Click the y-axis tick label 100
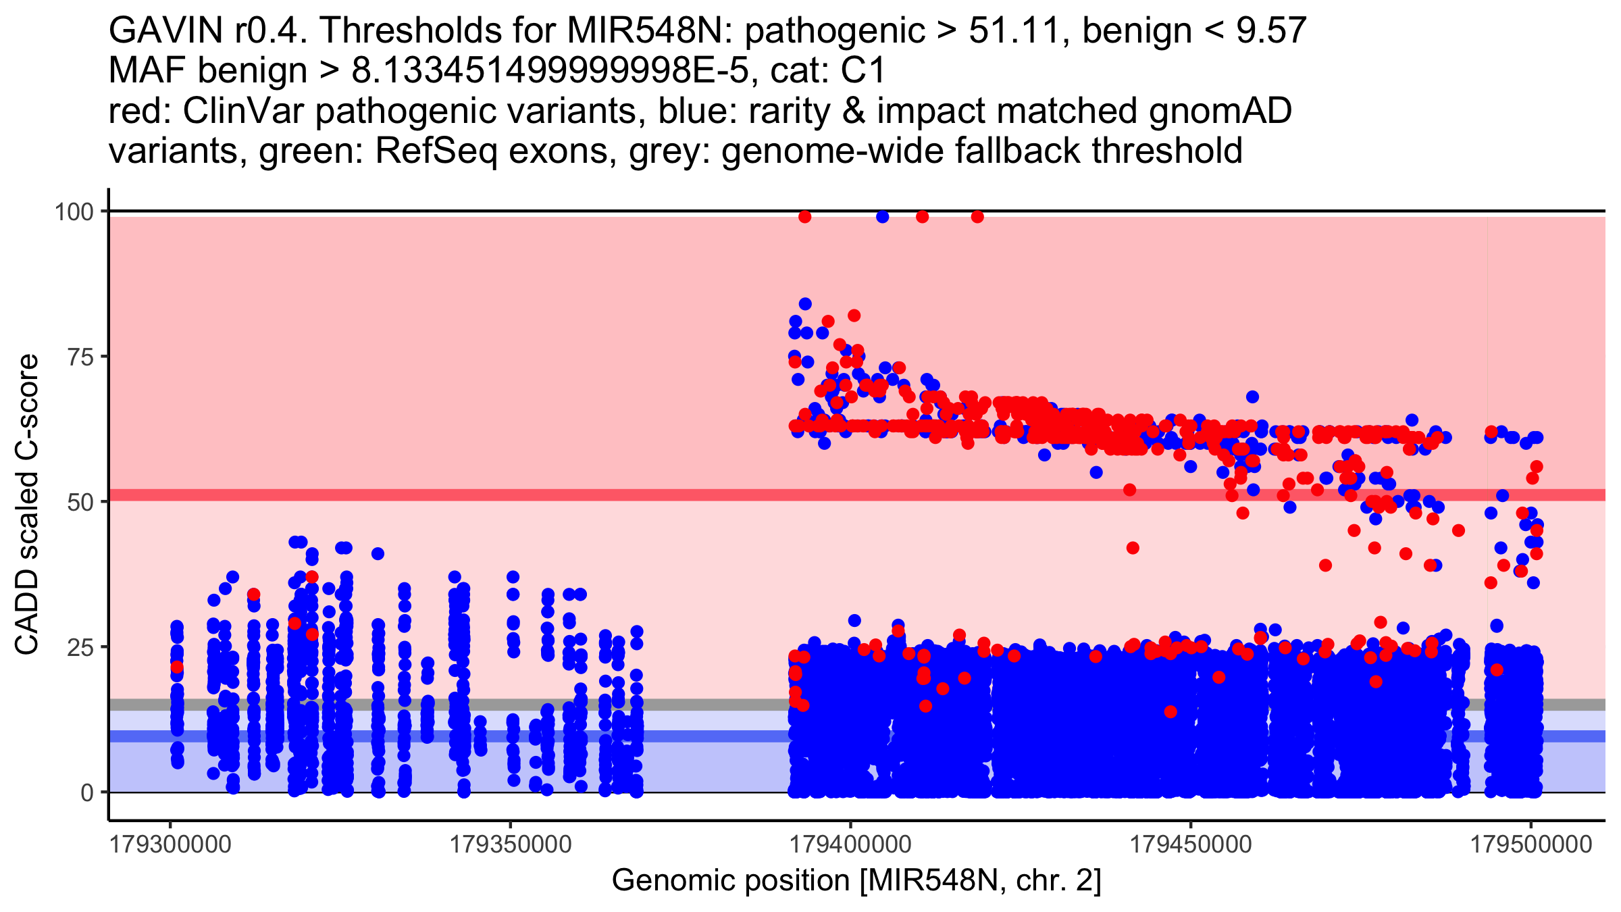click(x=74, y=212)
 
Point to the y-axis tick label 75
click(x=80, y=357)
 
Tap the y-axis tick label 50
click(x=80, y=502)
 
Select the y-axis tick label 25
click(x=80, y=647)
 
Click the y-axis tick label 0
click(x=87, y=792)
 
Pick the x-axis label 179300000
click(x=170, y=844)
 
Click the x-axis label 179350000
click(x=511, y=844)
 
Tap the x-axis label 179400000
click(x=851, y=844)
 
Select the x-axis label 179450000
click(x=1191, y=844)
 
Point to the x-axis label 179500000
click(x=1531, y=844)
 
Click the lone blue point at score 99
click(x=882, y=217)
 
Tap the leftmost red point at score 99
click(x=804, y=217)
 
